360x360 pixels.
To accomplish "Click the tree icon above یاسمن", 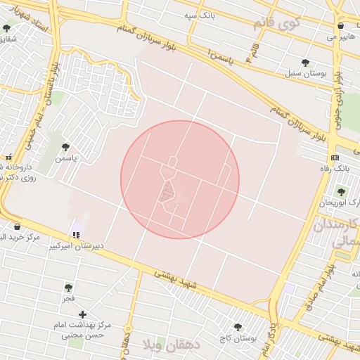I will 65,147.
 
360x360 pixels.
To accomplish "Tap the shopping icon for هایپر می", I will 341,25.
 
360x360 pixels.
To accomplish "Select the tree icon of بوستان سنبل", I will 305,62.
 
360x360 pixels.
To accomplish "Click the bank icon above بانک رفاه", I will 335,157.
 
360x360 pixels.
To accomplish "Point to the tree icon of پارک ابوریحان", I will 342,191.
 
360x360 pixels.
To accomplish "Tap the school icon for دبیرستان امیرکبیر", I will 76,235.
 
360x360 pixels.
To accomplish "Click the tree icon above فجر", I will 68,288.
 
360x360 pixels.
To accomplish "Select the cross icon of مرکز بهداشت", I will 83,314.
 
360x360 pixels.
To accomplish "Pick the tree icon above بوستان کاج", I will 238,327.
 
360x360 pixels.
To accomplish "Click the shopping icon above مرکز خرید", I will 17,226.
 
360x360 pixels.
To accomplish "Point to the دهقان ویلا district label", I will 171,345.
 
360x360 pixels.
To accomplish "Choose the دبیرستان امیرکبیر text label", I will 76,247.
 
